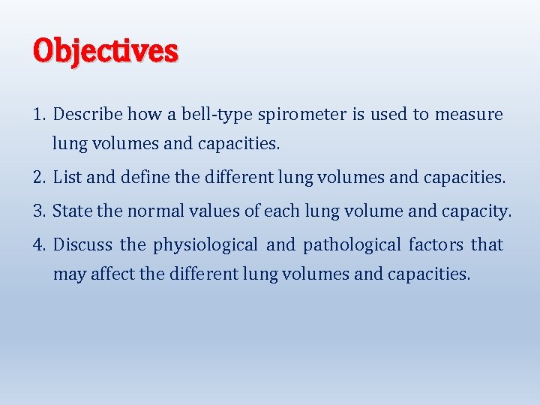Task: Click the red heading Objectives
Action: [x=105, y=51]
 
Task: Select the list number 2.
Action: [x=39, y=178]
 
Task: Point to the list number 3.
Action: [x=39, y=211]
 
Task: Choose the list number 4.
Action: [x=39, y=244]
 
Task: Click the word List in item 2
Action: [x=67, y=178]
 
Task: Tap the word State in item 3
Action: [x=72, y=211]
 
